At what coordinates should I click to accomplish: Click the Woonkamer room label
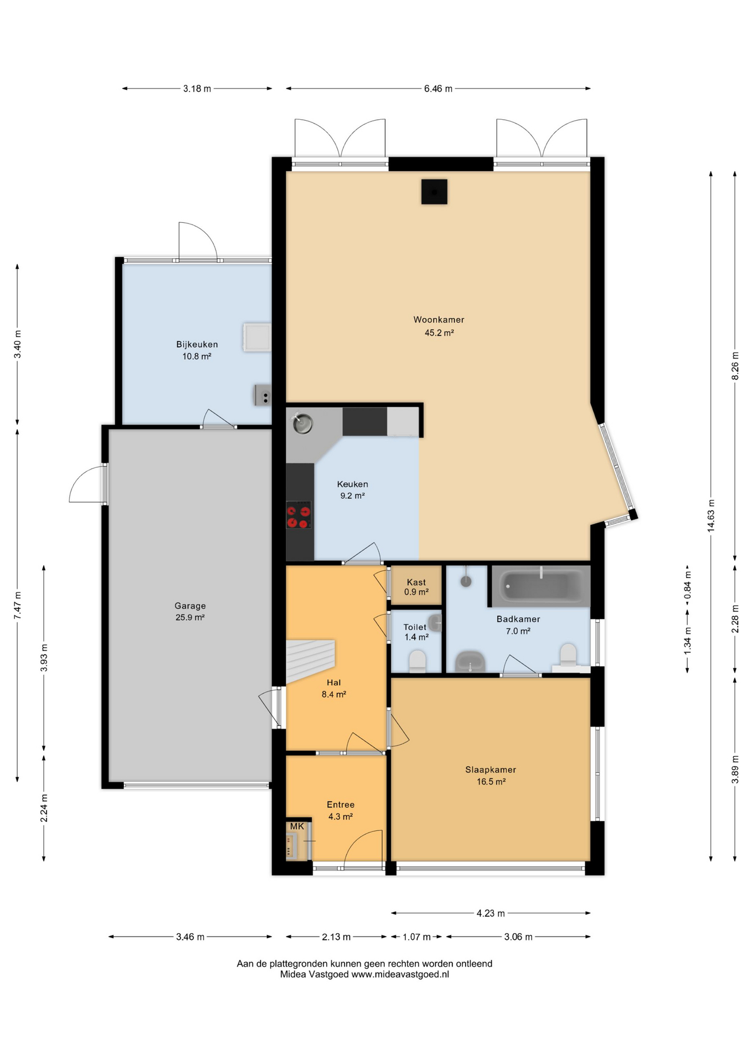(439, 320)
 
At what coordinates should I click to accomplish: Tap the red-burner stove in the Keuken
(298, 515)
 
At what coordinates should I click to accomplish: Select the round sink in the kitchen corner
(303, 424)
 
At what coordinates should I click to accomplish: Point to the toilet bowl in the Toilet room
(417, 661)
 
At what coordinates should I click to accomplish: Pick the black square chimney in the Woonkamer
(434, 192)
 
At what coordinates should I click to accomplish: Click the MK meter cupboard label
(297, 826)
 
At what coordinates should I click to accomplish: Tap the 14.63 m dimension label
(711, 516)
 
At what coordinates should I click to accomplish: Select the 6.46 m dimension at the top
(438, 89)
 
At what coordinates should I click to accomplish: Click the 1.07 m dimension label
(416, 937)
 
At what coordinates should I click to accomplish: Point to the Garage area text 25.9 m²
(190, 617)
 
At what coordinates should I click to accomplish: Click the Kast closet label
(416, 582)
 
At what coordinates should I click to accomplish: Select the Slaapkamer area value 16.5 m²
(491, 782)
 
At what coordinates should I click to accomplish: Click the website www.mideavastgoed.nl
(400, 975)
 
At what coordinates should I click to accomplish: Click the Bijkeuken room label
(197, 344)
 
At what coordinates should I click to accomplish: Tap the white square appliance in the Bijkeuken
(257, 337)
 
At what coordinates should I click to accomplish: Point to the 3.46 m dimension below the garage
(190, 937)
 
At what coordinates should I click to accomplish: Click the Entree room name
(341, 805)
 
